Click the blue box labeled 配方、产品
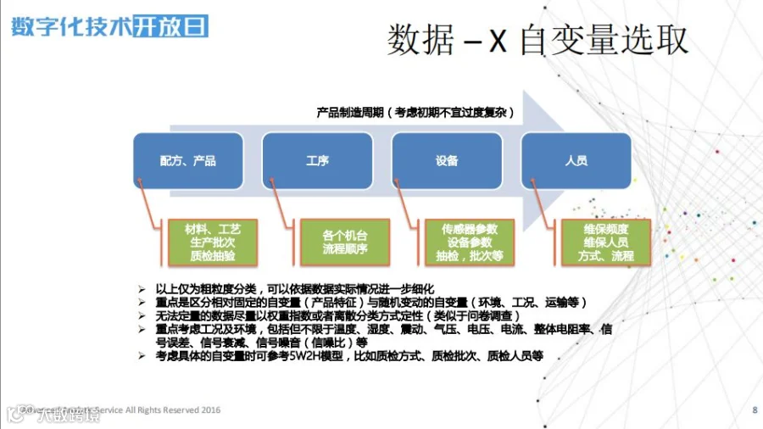(x=187, y=160)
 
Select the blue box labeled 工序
(x=317, y=160)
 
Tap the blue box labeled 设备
(x=447, y=160)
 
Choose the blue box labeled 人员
(x=576, y=160)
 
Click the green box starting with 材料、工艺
(x=213, y=242)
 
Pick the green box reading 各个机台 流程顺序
(x=344, y=242)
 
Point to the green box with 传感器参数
(x=469, y=242)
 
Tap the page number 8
(x=755, y=410)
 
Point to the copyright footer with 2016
(x=127, y=410)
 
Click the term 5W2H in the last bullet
(x=308, y=357)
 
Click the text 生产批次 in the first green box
(x=213, y=242)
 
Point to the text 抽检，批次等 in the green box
(x=469, y=255)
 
